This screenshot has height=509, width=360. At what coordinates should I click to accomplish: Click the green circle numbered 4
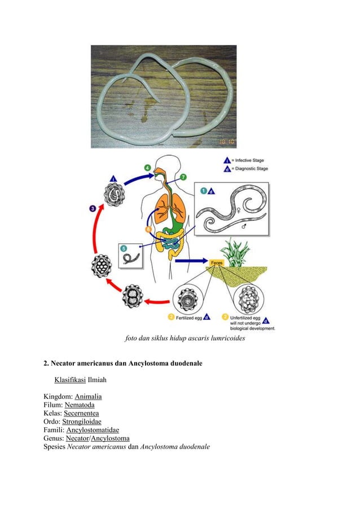tap(147, 168)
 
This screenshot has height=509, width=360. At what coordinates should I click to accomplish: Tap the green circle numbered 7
tap(183, 177)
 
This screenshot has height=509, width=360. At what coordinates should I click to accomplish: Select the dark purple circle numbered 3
tap(92, 209)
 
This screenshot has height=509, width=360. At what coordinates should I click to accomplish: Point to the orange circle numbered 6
tap(148, 230)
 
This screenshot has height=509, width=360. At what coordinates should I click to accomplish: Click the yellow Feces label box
tap(217, 263)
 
